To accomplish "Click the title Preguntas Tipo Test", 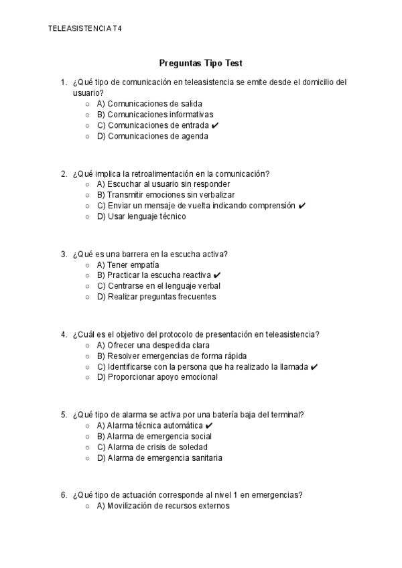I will pyautogui.click(x=200, y=63).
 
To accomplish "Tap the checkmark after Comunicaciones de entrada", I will pyautogui.click(x=214, y=125).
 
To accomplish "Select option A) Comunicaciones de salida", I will pyautogui.click(x=149, y=104).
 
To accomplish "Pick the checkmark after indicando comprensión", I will pyautogui.click(x=302, y=206).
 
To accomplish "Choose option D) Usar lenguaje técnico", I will pyautogui.click(x=141, y=216).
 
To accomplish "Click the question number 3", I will pyautogui.click(x=63, y=254).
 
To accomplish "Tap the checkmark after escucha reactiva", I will pyautogui.click(x=218, y=275).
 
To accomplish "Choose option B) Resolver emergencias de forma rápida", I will pyautogui.click(x=172, y=356).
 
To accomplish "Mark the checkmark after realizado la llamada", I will pyautogui.click(x=314, y=366).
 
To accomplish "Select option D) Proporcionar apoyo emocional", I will pyautogui.click(x=157, y=377).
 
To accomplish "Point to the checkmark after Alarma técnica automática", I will pyautogui.click(x=210, y=425).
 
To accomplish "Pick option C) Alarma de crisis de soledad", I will pyautogui.click(x=152, y=447).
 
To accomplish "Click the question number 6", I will pyautogui.click(x=63, y=495).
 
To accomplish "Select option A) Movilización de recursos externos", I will pyautogui.click(x=163, y=506).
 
